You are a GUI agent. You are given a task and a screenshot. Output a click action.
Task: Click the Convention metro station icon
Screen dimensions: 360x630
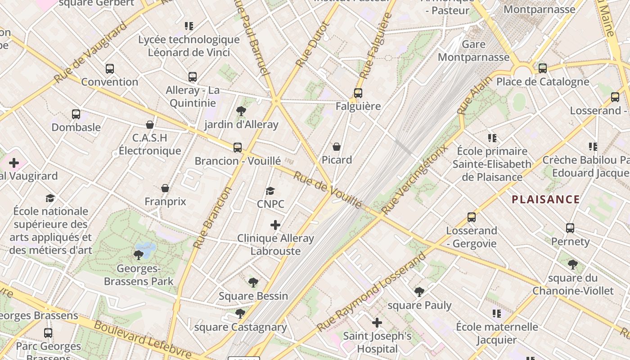click(x=110, y=69)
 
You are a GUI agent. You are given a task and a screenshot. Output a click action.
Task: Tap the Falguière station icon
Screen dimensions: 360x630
click(x=358, y=93)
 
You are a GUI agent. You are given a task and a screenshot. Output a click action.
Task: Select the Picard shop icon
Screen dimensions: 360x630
click(x=336, y=147)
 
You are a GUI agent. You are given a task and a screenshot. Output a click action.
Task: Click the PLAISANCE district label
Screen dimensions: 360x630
click(x=545, y=199)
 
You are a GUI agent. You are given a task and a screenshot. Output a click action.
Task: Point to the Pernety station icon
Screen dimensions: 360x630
click(x=570, y=228)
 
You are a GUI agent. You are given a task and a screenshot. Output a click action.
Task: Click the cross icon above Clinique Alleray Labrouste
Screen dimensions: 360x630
click(x=275, y=225)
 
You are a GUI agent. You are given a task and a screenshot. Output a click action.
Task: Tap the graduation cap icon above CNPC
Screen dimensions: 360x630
click(x=270, y=191)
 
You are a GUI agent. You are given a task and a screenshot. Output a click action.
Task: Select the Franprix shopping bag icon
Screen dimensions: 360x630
click(x=165, y=188)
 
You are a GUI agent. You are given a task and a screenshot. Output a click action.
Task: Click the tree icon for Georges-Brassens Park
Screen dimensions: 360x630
click(x=139, y=255)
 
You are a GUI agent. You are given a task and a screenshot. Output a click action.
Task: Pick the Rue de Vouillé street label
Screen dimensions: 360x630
click(x=327, y=189)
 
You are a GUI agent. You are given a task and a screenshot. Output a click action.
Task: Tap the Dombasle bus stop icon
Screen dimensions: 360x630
click(x=76, y=114)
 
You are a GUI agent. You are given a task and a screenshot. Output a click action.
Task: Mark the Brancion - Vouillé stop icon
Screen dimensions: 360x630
click(x=237, y=147)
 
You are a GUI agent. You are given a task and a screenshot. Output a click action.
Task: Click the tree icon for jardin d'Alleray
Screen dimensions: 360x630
click(x=241, y=111)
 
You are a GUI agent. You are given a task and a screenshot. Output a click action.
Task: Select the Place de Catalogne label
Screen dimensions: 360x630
click(x=542, y=82)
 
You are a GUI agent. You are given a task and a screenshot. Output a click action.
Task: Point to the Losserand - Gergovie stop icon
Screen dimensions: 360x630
click(x=472, y=217)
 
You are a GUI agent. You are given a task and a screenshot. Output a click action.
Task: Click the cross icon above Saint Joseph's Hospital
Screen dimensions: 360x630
click(x=377, y=322)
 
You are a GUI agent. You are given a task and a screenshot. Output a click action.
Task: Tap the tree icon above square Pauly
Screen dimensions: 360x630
click(x=419, y=292)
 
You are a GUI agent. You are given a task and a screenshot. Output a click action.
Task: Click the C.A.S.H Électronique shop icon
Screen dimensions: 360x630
click(x=150, y=125)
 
